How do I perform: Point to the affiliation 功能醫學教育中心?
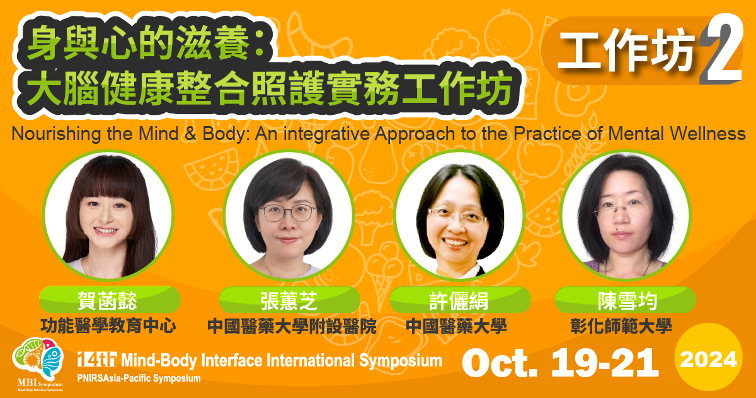pyautogui.click(x=108, y=326)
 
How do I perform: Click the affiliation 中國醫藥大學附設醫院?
pyautogui.click(x=292, y=326)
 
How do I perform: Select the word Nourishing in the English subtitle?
pyautogui.click(x=49, y=134)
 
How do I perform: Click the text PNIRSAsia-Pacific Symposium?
pyautogui.click(x=139, y=378)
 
